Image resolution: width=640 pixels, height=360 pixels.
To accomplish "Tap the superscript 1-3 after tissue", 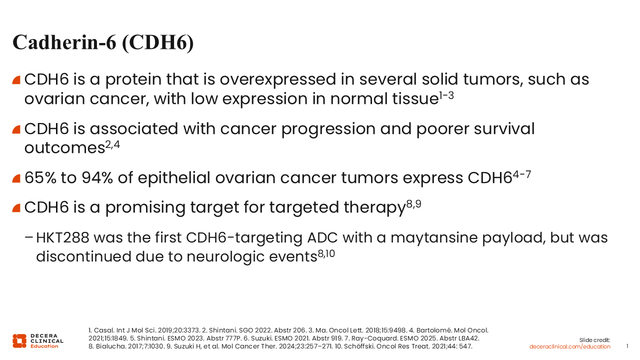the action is [x=446, y=95].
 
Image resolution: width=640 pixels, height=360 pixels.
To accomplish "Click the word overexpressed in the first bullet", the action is [x=277, y=79].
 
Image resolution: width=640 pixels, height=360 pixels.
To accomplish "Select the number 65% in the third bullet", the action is [x=40, y=177].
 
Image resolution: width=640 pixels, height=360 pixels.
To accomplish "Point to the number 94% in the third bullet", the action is [x=97, y=177].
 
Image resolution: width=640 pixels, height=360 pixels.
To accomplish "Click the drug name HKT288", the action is [x=62, y=237].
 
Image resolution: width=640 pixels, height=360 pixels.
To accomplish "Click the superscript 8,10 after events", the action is [x=326, y=253].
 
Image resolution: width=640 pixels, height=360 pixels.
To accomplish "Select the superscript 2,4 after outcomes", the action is [x=112, y=145].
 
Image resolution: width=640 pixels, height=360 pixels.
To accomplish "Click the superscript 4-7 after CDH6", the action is [x=521, y=174].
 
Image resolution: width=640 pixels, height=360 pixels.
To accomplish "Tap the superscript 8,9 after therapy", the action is [x=413, y=204].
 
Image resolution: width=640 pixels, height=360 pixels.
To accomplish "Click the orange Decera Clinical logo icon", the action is [x=19, y=341].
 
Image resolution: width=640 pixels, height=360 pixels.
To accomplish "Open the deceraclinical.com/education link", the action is [x=569, y=346].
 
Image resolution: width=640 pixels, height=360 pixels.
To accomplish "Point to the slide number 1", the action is [x=627, y=346].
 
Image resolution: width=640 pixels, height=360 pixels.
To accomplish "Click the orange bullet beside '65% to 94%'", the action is [x=16, y=178].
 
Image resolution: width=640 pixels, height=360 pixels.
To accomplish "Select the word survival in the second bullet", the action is [x=504, y=128].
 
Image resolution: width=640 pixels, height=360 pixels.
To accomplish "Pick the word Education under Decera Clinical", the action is [x=44, y=346].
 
